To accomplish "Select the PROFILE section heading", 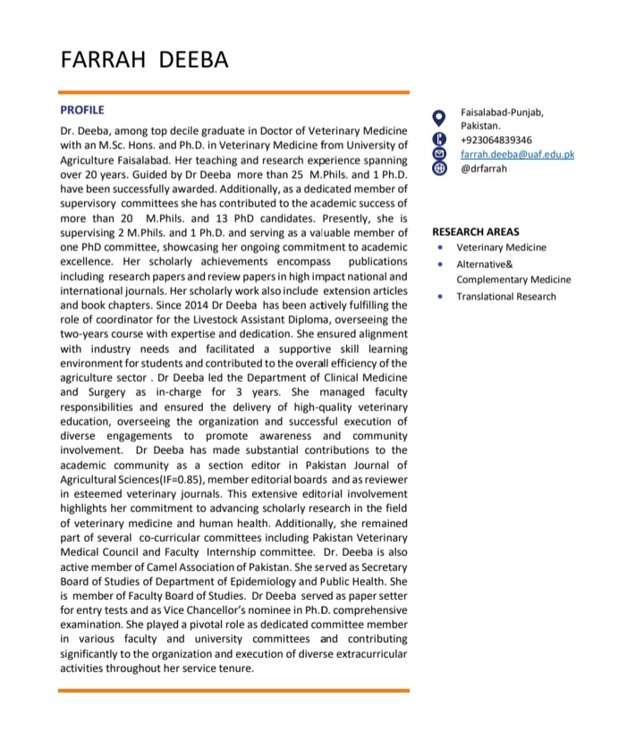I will pos(82,110).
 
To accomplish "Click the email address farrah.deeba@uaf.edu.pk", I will pos(517,154).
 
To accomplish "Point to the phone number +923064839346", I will pos(496,139).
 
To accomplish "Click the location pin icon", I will pos(438,117).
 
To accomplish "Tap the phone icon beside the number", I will pos(438,139).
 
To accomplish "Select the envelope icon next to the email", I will pos(438,154).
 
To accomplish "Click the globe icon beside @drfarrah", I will pos(438,168).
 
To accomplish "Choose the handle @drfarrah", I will pos(483,168).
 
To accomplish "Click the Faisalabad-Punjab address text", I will pos(501,112).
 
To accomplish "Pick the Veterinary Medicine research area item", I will pos(501,248).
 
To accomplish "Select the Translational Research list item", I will pos(505,297).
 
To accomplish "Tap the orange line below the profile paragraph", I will pos(233,690).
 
